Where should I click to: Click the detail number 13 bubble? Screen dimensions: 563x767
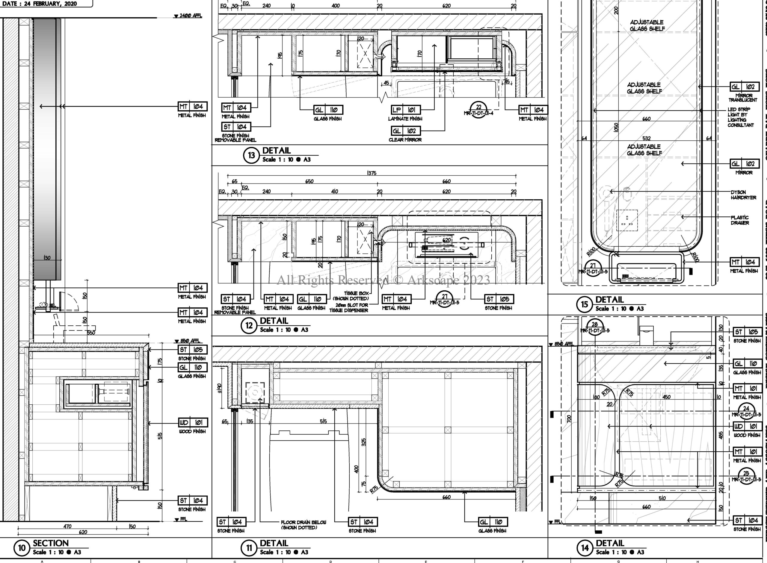click(251, 155)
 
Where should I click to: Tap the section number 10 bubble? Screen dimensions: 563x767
click(22, 548)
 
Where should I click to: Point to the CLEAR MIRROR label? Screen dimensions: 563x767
click(405, 140)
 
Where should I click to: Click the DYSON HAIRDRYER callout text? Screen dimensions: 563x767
click(743, 195)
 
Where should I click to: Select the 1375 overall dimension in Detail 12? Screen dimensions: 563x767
click(372, 173)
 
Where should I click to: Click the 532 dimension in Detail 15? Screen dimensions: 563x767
click(646, 138)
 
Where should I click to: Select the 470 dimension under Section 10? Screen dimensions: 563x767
click(67, 526)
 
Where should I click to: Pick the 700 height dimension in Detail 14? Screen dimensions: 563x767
click(569, 419)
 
